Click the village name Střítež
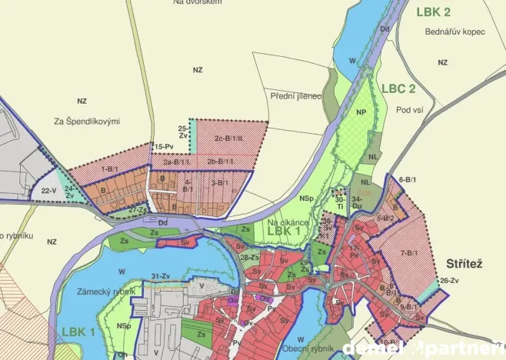coord(464,264)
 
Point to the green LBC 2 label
coord(398,88)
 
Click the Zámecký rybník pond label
coord(106,292)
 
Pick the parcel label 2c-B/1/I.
coord(229,138)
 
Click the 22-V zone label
coord(48,190)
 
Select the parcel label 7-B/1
coord(408,252)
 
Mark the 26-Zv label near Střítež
coord(448,281)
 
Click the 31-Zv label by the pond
coord(160,275)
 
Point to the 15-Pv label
coord(164,145)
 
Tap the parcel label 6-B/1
coord(408,179)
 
